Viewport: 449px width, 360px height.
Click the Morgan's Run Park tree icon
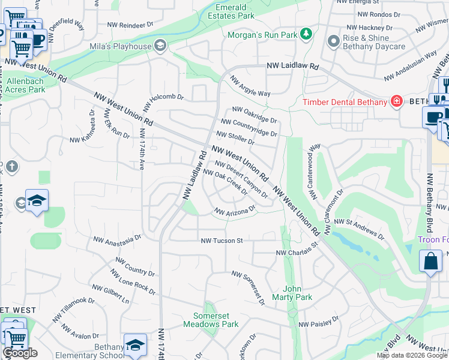pyautogui.click(x=306, y=34)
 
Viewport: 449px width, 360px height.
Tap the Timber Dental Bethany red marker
pyautogui.click(x=396, y=101)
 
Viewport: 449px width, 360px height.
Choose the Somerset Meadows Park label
pyautogui.click(x=216, y=320)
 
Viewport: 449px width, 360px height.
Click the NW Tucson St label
pyautogui.click(x=221, y=241)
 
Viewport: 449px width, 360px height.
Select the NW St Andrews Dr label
pyautogui.click(x=359, y=222)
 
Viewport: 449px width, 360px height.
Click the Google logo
pyautogui.click(x=20, y=353)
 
